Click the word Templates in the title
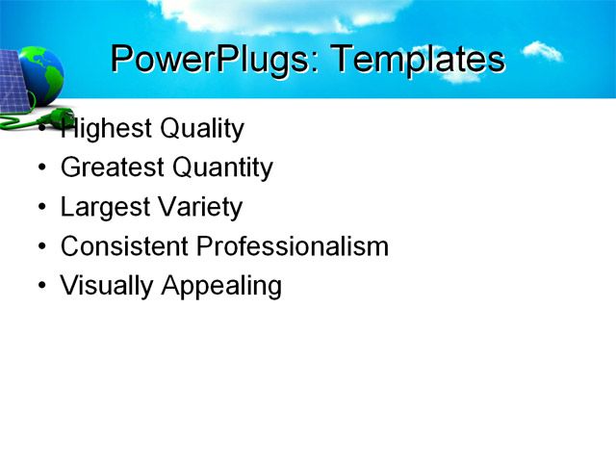417,60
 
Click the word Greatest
112,168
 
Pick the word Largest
103,208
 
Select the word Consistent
124,246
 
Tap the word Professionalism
293,246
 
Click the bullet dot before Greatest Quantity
41,169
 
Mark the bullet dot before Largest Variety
41,209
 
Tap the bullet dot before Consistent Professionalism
41,247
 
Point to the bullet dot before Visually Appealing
41,287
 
